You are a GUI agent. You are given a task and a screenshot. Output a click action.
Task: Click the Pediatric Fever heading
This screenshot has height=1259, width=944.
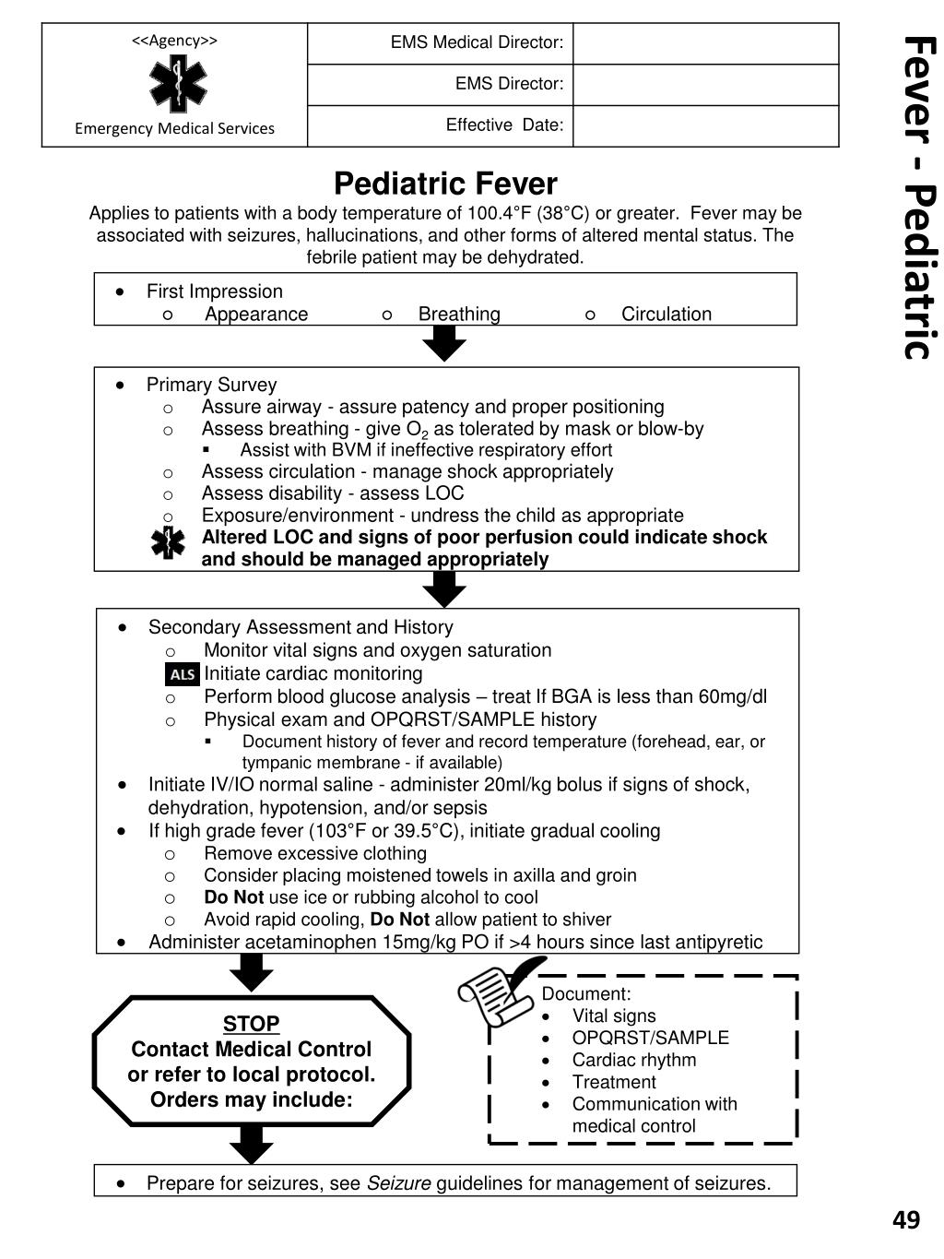pos(445,184)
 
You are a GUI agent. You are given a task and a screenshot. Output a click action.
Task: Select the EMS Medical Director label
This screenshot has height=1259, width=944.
pos(477,42)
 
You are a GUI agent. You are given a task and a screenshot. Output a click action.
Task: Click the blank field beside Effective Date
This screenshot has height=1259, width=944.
pos(705,125)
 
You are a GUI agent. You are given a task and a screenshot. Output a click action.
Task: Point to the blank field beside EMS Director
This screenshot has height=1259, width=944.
pos(705,84)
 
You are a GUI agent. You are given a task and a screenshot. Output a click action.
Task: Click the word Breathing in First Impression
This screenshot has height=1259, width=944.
pos(459,314)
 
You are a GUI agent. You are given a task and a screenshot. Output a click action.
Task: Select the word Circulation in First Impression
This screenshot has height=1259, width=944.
pos(666,314)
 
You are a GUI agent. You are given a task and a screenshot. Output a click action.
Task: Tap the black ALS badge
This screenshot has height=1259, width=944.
pos(183,674)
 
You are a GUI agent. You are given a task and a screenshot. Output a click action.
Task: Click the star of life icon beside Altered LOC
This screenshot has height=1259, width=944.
pos(168,542)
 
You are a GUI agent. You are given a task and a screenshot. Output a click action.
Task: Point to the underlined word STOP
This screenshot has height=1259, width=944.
pos(251,1024)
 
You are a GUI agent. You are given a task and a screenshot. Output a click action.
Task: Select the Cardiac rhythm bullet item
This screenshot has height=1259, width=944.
pos(633,1060)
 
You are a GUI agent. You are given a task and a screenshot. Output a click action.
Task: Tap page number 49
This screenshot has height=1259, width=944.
pos(906,1220)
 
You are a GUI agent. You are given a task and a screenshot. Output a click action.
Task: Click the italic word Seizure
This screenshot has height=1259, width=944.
pos(398,1183)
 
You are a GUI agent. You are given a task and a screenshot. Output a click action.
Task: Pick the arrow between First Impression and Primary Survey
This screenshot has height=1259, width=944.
pos(444,344)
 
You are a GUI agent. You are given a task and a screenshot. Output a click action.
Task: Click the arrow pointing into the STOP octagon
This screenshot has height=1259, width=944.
pos(251,972)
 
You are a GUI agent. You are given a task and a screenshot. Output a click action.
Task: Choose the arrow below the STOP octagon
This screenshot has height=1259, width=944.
pos(251,1145)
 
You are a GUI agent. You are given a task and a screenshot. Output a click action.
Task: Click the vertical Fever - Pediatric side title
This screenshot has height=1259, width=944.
pos(917,197)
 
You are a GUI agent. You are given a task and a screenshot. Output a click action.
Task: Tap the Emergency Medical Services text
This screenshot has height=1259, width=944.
pos(174,128)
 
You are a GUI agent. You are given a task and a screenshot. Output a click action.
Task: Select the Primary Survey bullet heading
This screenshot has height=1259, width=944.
pos(211,385)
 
